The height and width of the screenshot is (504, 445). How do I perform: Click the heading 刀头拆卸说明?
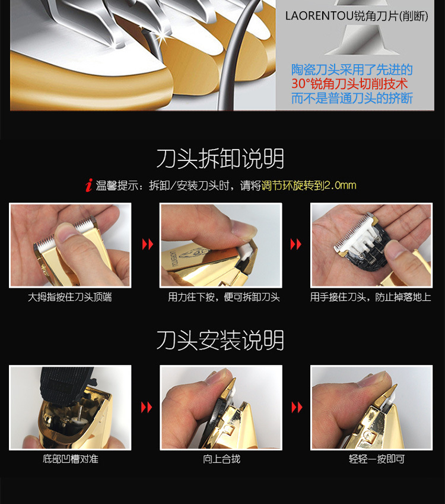coord(220,159)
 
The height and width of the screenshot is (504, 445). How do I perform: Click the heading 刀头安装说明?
coord(220,340)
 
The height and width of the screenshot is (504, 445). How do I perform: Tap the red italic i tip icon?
coord(89,185)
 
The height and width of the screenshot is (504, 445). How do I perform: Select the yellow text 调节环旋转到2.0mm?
coord(309,185)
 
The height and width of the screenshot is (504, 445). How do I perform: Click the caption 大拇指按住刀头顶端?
coord(69,297)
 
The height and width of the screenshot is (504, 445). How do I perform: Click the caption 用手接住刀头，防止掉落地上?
coord(370,297)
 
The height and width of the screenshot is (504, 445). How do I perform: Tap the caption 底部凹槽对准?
coord(69,459)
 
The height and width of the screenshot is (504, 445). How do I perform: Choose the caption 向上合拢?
coord(221,459)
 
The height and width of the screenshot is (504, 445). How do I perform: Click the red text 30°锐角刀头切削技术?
coord(349,84)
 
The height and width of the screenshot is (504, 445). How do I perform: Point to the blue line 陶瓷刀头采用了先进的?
coord(352,70)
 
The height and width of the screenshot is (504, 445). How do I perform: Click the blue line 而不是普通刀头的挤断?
coord(352,98)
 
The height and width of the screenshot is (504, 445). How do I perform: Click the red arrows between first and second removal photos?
coord(146,245)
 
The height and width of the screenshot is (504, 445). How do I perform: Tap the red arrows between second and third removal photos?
coord(296,245)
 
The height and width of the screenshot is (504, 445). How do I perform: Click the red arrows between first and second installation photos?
coord(146,407)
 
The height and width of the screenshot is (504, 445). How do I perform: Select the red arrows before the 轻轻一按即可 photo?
coord(296,407)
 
